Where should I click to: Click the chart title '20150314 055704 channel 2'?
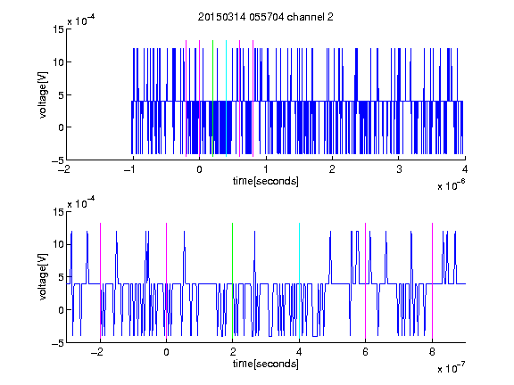[266, 17]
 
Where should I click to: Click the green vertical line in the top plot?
[212, 99]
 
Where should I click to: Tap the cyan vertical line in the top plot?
[226, 99]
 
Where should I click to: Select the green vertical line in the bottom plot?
[232, 282]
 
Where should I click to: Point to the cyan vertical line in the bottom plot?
[299, 282]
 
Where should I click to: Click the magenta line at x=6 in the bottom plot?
[366, 282]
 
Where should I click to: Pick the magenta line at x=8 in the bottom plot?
[432, 282]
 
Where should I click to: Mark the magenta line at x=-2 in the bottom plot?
[100, 282]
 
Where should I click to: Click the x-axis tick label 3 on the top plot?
[399, 169]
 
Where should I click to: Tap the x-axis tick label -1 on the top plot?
[130, 169]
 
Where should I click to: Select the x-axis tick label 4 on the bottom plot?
[299, 352]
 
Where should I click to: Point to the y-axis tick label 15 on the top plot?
[59, 29]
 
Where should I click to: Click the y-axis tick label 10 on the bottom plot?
[59, 244]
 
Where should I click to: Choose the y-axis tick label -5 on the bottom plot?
[58, 343]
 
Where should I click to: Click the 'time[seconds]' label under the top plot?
[266, 181]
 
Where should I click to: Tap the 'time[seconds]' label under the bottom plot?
[266, 364]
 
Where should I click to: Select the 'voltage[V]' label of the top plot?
[43, 95]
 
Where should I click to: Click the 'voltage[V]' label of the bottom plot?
[43, 277]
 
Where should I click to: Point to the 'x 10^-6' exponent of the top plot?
[451, 184]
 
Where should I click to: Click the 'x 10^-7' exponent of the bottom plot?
[451, 367]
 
